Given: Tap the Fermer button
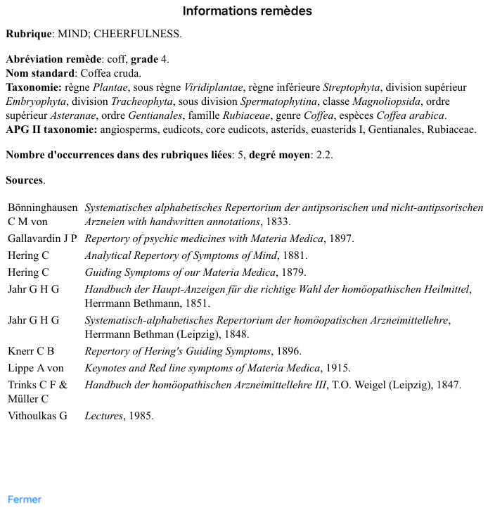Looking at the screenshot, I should (25, 500).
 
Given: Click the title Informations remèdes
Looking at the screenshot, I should (247, 11).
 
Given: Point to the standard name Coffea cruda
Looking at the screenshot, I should (111, 73).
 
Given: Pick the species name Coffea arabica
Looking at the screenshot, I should (411, 115).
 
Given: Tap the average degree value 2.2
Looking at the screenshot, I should (324, 155).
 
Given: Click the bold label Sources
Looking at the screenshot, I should (24, 180).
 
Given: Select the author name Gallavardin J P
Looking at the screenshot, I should (42, 239).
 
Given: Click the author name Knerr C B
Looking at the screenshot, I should (31, 351).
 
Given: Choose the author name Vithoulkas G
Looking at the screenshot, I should (37, 416).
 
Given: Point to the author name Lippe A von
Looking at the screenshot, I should (36, 368).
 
